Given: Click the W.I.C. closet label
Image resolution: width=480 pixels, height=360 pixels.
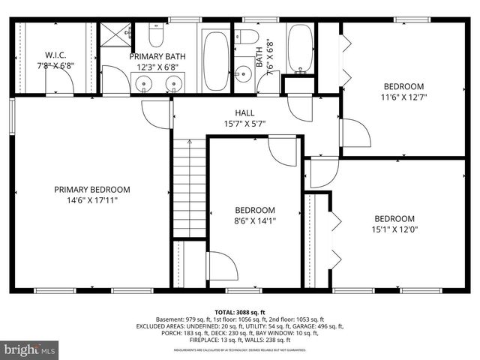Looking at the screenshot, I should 58,54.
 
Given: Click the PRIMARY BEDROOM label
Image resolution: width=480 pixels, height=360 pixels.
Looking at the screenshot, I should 91,190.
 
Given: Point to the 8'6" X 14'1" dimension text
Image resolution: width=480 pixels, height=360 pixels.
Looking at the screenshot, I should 254,221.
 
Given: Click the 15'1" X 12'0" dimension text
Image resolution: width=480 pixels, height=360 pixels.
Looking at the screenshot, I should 394,229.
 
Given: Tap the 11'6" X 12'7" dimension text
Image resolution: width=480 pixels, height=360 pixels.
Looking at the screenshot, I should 404,97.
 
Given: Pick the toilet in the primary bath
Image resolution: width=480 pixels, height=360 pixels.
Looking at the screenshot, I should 157,36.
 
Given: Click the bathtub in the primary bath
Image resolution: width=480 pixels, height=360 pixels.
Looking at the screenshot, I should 216,60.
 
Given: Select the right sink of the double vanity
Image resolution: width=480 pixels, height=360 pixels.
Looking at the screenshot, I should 174,84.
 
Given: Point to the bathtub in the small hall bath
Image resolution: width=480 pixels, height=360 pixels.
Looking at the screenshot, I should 301,49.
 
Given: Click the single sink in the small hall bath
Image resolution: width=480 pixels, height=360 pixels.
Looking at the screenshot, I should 243,73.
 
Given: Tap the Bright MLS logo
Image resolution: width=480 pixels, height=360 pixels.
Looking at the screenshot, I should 30,349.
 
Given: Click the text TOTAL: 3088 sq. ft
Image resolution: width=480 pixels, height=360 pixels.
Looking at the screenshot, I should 240,311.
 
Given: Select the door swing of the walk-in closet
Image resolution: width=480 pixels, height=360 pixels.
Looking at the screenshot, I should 60,84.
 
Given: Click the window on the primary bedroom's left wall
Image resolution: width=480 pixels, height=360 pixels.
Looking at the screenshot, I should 12,117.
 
